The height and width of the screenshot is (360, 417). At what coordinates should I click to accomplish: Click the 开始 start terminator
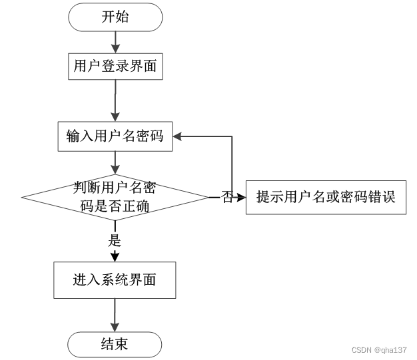(115, 17)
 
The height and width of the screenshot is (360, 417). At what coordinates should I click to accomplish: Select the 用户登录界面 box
(115, 66)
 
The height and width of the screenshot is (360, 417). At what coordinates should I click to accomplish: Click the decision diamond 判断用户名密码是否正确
(115, 197)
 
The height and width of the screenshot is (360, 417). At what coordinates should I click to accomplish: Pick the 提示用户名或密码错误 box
(326, 197)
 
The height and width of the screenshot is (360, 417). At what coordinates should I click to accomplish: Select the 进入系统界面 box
(115, 279)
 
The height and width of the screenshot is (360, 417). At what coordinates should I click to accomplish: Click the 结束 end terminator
(115, 344)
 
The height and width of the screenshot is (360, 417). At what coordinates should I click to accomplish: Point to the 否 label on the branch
(227, 197)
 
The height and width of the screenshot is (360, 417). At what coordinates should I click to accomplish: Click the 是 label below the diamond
(115, 240)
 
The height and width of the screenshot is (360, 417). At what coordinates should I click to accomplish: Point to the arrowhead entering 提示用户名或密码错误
(241, 197)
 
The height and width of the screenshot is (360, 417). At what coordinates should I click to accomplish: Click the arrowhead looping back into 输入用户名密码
(179, 136)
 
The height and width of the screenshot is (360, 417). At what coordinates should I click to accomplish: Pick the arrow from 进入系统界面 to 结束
(115, 314)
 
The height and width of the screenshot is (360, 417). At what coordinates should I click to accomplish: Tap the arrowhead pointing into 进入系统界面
(115, 257)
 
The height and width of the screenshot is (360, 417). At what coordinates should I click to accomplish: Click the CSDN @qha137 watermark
(378, 350)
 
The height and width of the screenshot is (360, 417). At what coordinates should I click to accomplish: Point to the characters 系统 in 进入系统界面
(115, 279)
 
